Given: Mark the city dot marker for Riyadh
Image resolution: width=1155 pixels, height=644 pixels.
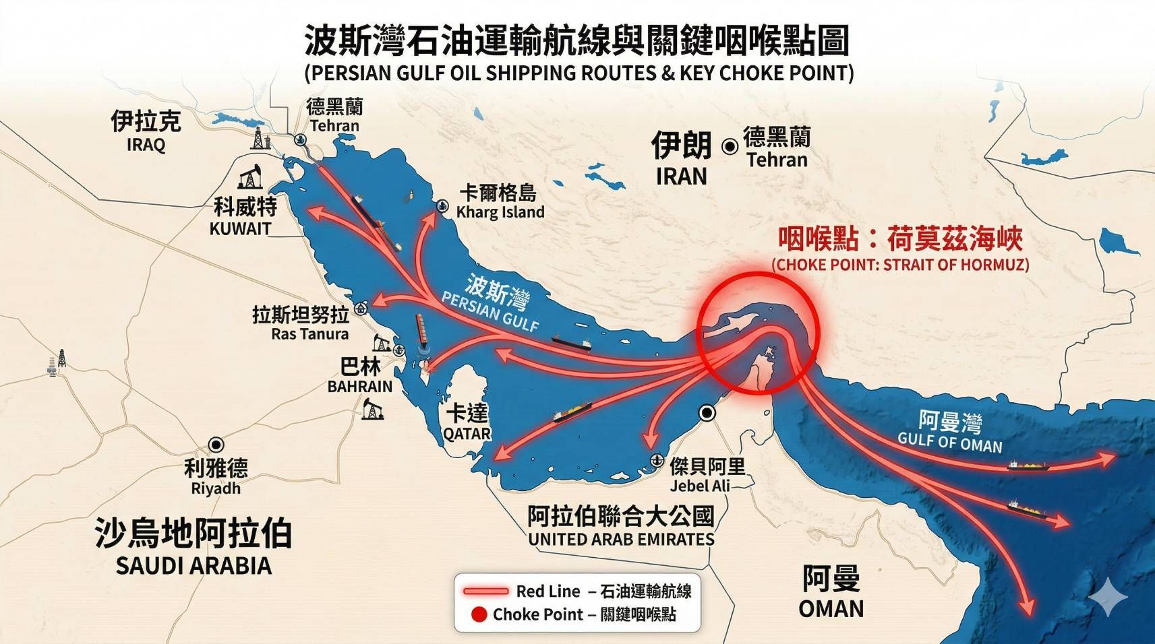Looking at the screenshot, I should coord(216,445).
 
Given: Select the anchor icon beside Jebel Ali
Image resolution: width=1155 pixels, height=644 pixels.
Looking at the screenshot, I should coord(653,460).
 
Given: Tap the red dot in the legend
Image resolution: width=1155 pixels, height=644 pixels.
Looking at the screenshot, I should coord(479,614).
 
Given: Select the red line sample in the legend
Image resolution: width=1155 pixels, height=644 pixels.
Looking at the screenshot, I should coord(485,591).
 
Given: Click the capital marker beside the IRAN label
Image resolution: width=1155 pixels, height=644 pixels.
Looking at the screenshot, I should coord(729,146).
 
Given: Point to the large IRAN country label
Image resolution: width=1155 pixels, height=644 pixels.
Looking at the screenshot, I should coord(681,159).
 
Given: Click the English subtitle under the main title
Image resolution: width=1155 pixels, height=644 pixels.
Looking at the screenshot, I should coord(579,73).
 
